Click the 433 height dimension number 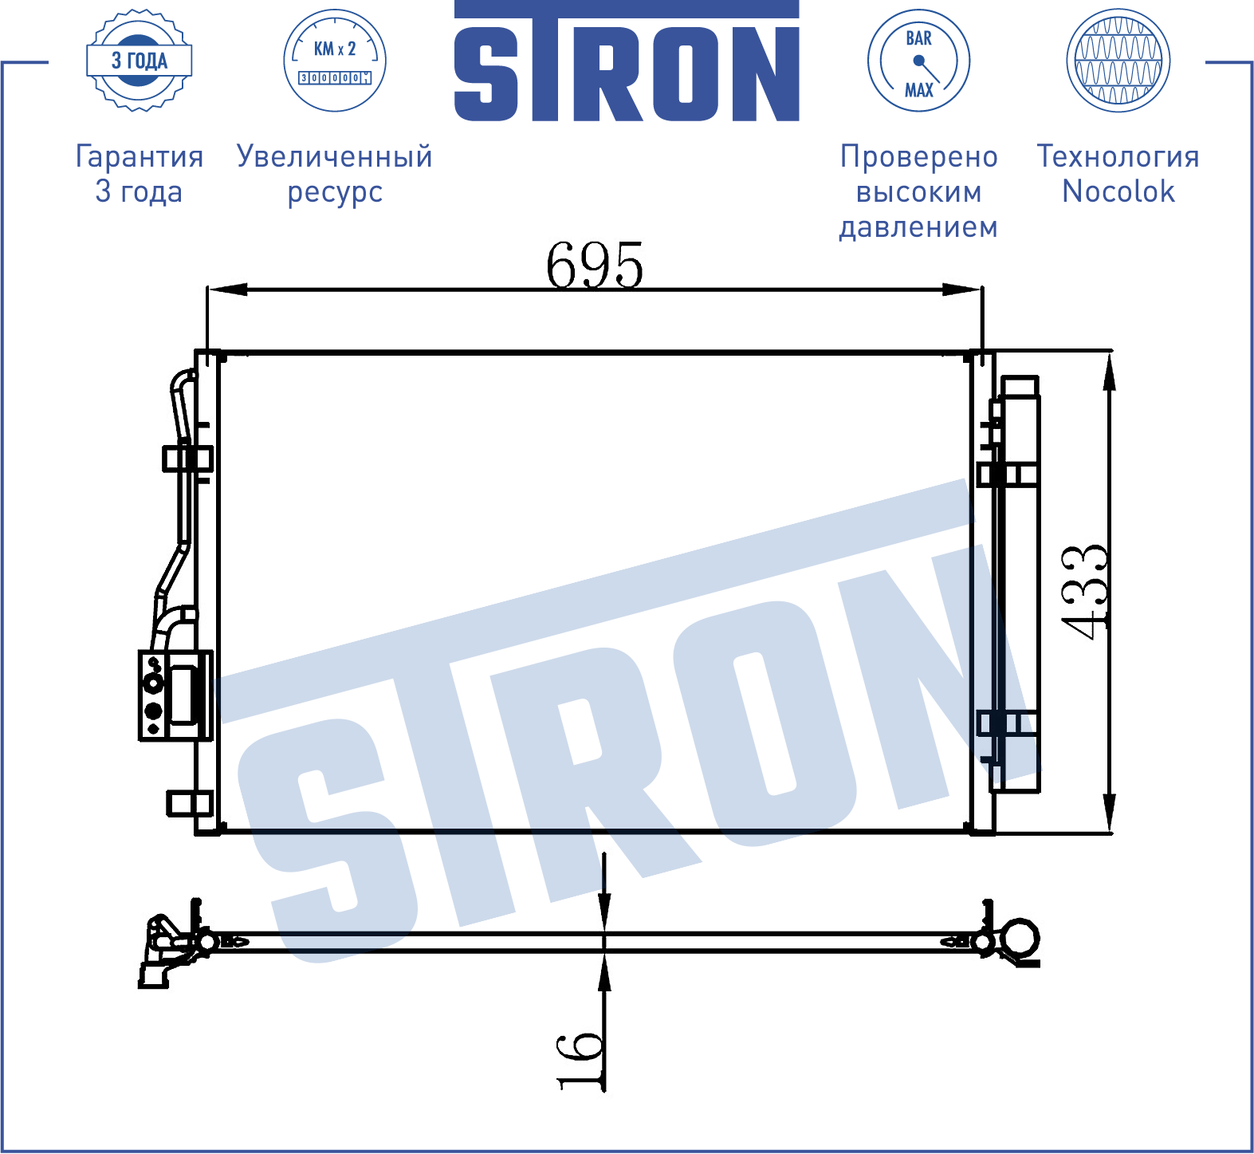[1086, 592]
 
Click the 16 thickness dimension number [580, 1060]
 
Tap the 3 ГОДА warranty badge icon [140, 61]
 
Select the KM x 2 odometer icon [335, 61]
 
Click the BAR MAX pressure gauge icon [918, 61]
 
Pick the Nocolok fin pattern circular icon [1118, 61]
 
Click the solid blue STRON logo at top [627, 61]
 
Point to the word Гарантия [140, 157]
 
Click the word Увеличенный [335, 157]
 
